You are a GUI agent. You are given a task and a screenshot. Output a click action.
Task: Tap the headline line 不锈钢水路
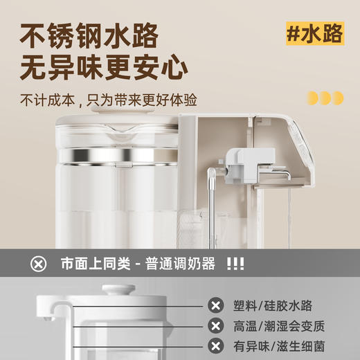89,35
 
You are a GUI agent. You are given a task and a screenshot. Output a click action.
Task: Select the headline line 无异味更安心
104,69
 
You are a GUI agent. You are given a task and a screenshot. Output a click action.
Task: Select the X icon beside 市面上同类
39,264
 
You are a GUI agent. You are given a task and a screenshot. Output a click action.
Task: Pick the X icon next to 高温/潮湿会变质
216,325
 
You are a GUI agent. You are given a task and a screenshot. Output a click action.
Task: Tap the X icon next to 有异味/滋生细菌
216,345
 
